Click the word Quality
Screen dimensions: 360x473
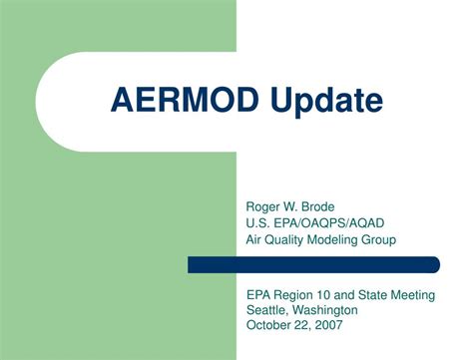pos(287,239)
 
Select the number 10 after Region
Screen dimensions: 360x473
pos(327,295)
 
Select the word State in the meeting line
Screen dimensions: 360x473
pos(376,295)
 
